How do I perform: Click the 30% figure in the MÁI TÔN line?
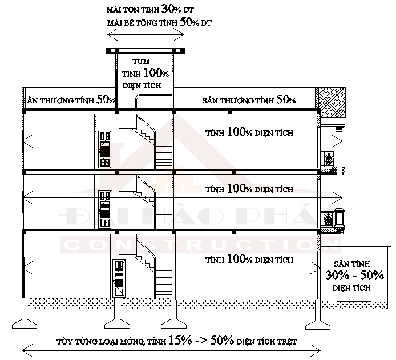[x=171, y=9]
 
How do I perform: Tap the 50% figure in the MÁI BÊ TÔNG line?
[x=189, y=22]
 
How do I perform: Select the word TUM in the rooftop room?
[x=141, y=62]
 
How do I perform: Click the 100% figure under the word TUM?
[x=156, y=73]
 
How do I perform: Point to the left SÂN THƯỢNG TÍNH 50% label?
[x=69, y=100]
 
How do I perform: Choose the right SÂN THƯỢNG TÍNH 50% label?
[x=249, y=100]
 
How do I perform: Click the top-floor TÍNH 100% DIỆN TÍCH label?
[x=249, y=132]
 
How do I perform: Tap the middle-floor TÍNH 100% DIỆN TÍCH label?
[x=249, y=189]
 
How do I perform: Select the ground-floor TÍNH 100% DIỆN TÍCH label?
[x=249, y=259]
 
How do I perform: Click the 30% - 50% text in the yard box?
[x=354, y=275]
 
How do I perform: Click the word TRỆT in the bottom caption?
[x=286, y=342]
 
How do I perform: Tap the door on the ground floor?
[x=119, y=278]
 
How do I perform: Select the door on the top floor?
[x=105, y=149]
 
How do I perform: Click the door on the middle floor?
[x=105, y=209]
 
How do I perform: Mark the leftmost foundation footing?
[x=25, y=314]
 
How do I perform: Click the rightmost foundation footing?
[x=318, y=315]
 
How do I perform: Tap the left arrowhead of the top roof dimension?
[x=113, y=35]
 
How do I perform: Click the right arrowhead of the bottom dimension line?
[x=315, y=351]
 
